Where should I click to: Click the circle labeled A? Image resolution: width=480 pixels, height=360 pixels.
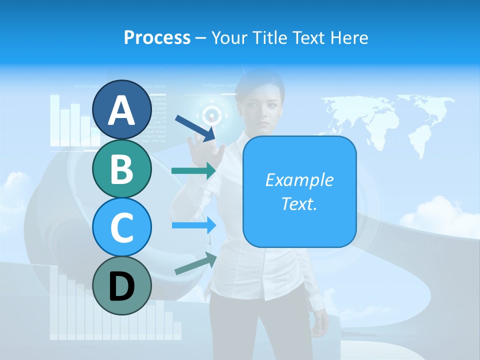[x=121, y=109]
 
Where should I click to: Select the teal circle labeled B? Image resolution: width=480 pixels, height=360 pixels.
[x=121, y=168]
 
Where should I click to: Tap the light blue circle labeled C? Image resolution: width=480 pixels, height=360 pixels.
[x=121, y=227]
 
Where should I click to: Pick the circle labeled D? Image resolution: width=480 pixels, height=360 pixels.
[x=121, y=285]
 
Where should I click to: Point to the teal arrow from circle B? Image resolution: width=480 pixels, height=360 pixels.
[x=193, y=170]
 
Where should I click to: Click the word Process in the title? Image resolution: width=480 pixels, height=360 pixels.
[x=157, y=37]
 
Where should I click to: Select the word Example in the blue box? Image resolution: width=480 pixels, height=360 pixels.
[x=299, y=180]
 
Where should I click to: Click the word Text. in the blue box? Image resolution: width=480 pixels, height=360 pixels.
[x=299, y=204]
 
